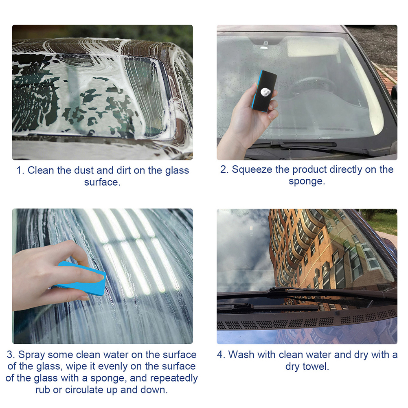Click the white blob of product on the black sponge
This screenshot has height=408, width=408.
pyautogui.click(x=265, y=92)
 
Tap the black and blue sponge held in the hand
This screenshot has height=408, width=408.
pyautogui.click(x=264, y=91)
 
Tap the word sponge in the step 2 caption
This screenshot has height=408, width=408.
pyautogui.click(x=307, y=181)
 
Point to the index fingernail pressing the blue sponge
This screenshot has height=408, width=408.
pyautogui.click(x=100, y=278)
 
